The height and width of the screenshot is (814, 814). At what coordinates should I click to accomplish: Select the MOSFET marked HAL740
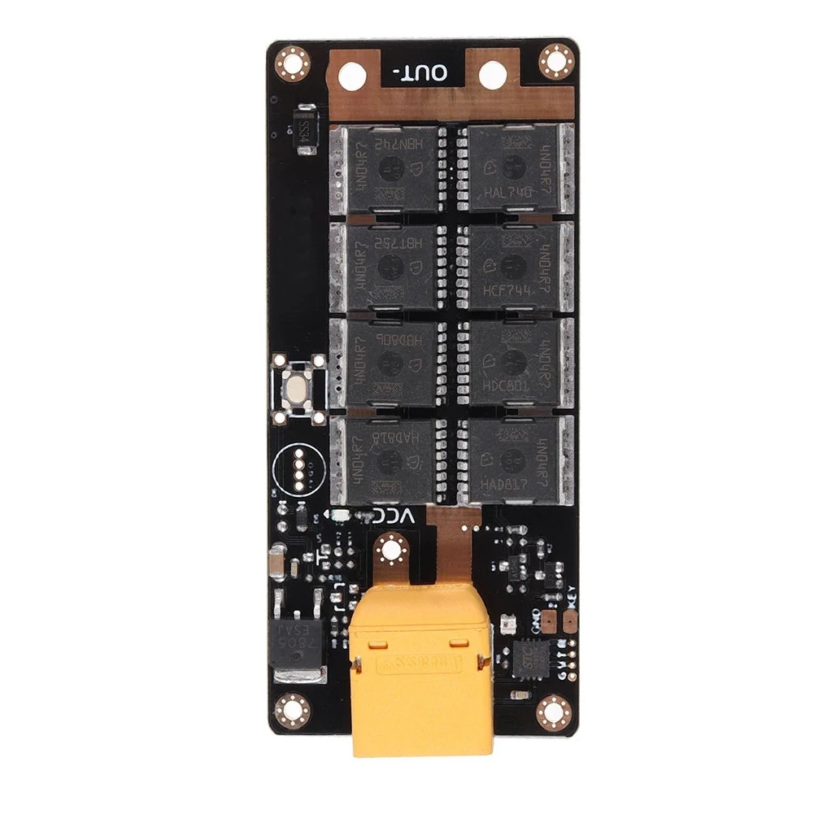pos(511,168)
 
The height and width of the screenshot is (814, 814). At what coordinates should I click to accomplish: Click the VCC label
pos(396,516)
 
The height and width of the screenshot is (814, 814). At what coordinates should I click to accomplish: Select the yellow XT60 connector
pos(421,675)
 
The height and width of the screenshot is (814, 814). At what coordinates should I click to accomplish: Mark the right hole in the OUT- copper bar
pos(493,76)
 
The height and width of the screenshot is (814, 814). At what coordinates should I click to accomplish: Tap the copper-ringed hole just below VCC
pos(392,551)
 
